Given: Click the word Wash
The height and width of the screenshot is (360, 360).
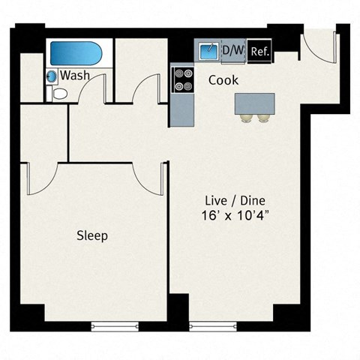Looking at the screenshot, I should (76, 76).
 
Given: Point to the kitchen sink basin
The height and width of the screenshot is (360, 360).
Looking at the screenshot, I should (207, 51).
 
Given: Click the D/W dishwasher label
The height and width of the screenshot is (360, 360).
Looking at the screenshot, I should (232, 51).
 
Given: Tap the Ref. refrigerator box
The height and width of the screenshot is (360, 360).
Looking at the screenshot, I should (259, 52).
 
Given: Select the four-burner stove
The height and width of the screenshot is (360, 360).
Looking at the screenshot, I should (182, 79).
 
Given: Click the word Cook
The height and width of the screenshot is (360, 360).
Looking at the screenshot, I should (223, 79).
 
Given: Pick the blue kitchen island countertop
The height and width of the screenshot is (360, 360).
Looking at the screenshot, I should (253, 103).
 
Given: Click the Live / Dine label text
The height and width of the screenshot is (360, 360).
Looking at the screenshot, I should (235, 201).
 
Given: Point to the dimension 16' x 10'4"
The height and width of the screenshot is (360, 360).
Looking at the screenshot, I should (235, 216).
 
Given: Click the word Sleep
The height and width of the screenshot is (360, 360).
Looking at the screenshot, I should (92, 235).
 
